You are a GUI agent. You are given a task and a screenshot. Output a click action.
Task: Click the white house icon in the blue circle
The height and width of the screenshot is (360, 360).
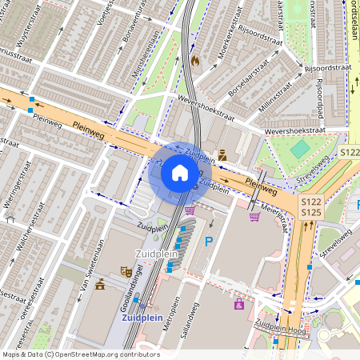180,172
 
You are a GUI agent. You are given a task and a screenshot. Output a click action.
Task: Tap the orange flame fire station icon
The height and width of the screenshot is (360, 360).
194,59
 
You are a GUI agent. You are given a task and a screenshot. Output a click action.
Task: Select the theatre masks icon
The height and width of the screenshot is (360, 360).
125,272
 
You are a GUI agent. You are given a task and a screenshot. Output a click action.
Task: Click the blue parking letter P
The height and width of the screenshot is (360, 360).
210,241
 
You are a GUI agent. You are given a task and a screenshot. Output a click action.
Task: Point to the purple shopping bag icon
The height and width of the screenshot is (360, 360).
238,304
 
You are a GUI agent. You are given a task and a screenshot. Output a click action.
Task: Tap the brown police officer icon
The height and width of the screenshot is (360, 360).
222,154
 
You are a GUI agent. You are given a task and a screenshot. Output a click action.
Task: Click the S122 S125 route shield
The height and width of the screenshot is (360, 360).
311,207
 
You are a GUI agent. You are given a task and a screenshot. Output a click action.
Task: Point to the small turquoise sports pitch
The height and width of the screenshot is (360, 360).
299,149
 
